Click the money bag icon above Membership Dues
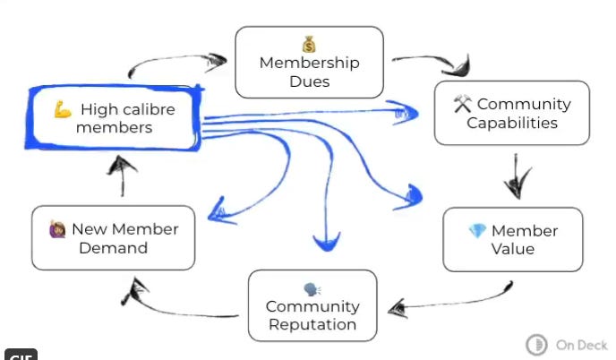309,44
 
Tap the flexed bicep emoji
62,109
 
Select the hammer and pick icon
462,104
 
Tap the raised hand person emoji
58,229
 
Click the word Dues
309,81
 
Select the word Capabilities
512,123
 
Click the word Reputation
312,325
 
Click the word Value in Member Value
512,250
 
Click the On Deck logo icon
537,345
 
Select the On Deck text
581,345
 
